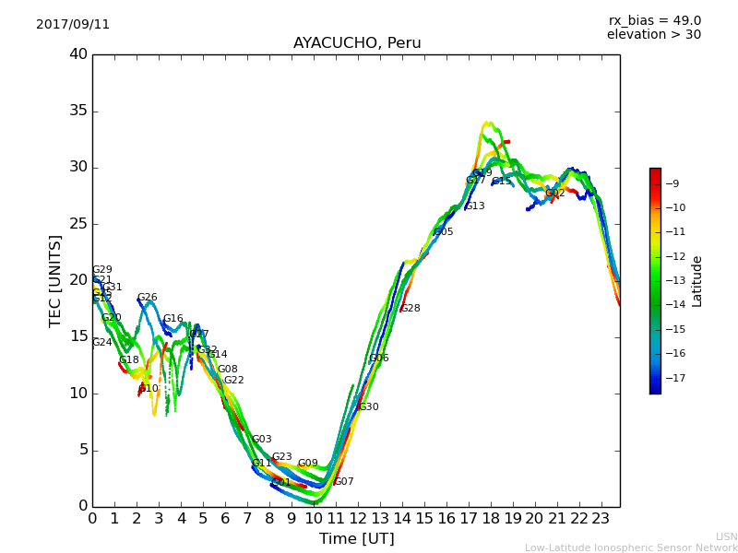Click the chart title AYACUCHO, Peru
pyautogui.click(x=356, y=43)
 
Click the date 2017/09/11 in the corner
pyautogui.click(x=73, y=25)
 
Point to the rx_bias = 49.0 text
pyautogui.click(x=654, y=21)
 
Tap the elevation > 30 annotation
pyautogui.click(x=653, y=35)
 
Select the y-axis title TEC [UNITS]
pyautogui.click(x=55, y=280)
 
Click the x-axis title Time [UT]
pyautogui.click(x=356, y=538)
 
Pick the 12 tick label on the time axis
pyautogui.click(x=358, y=518)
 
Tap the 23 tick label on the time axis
pyautogui.click(x=601, y=518)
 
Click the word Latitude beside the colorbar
pyautogui.click(x=697, y=281)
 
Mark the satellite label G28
pyautogui.click(x=410, y=309)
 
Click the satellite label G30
pyautogui.click(x=368, y=407)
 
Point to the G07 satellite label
pyautogui.click(x=343, y=482)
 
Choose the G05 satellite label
pyautogui.click(x=443, y=232)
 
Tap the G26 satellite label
pyautogui.click(x=147, y=298)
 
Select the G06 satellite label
pyautogui.click(x=378, y=359)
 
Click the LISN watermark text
pyautogui.click(x=726, y=536)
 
